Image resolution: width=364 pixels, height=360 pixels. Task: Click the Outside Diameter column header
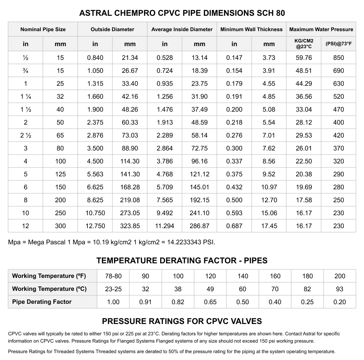(112, 30)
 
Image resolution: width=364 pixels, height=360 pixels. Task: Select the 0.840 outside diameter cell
(95, 58)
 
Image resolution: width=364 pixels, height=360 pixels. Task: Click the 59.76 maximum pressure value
(304, 58)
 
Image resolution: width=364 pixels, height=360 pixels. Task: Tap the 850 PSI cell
(339, 58)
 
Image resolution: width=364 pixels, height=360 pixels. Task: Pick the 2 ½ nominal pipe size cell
(25, 136)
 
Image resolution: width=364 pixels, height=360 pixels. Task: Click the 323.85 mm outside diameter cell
(130, 226)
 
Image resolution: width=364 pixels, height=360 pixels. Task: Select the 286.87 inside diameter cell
(199, 226)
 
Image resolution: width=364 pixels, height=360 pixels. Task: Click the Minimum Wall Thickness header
(252, 30)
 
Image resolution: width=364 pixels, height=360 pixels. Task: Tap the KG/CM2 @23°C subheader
(304, 44)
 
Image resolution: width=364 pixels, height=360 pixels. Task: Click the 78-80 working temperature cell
(113, 276)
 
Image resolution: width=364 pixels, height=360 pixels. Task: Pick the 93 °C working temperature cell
(340, 289)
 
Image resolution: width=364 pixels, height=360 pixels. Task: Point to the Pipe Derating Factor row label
(42, 302)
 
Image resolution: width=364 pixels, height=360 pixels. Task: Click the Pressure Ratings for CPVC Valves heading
(182, 322)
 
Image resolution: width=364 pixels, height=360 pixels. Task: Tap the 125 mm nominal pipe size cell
(60, 174)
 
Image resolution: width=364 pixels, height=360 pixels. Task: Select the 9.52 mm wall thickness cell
(269, 174)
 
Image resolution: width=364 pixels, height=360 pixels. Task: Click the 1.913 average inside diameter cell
(165, 123)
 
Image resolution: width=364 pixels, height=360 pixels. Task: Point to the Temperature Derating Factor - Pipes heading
(182, 260)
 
